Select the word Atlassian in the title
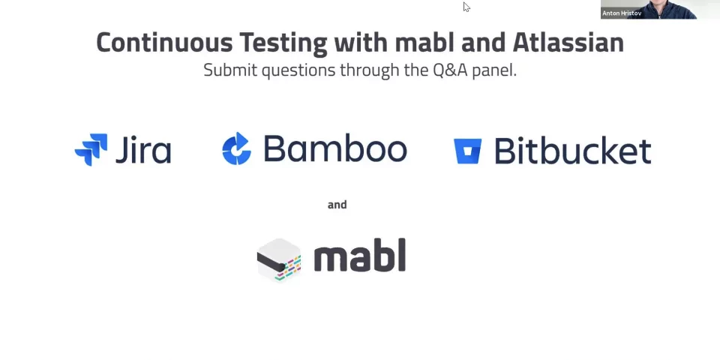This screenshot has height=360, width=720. coord(568,42)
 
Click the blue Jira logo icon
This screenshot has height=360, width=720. coord(91,149)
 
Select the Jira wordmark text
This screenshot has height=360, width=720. coord(142,149)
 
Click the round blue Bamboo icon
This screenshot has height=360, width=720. coord(236,149)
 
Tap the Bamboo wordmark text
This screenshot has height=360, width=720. coord(334,149)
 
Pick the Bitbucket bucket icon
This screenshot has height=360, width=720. coord(467,151)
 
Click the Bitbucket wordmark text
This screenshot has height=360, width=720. coord(572,151)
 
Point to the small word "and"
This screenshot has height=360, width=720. coord(337,205)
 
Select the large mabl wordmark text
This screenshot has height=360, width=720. coord(359,256)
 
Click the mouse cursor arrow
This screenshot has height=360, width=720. coord(466,7)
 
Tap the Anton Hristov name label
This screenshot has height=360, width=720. coord(622,13)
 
